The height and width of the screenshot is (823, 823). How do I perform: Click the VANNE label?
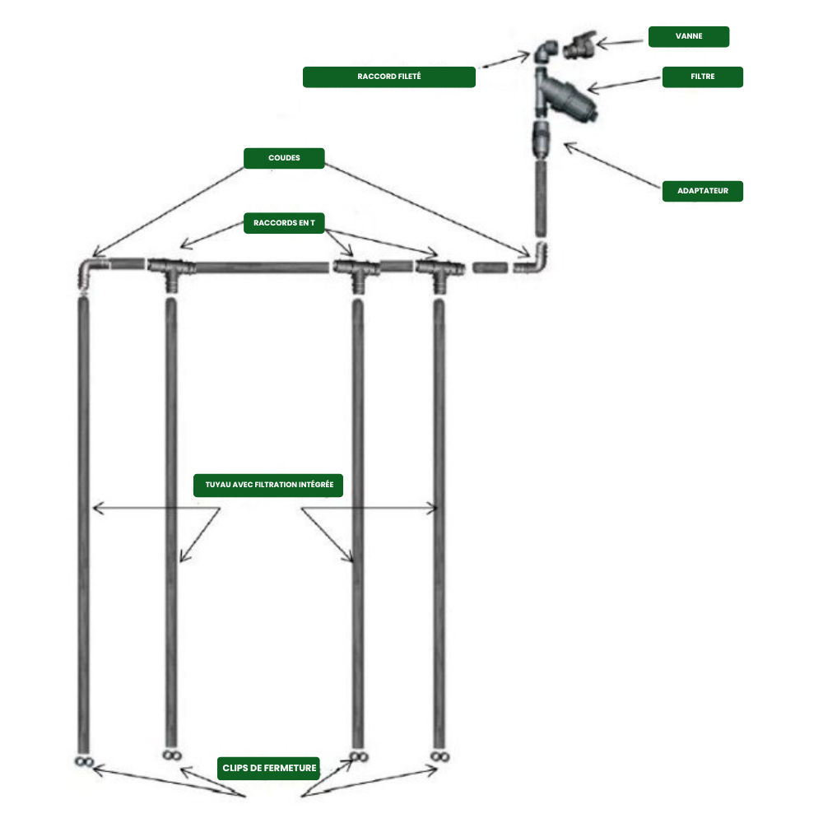coord(689,36)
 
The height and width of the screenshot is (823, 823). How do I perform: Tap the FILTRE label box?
coord(702,77)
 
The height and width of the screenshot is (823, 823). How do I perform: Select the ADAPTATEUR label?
coord(702,191)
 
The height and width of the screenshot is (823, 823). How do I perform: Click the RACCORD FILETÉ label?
coord(389,77)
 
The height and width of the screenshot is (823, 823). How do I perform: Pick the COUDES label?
coord(284,158)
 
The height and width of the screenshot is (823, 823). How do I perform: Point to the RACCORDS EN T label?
coord(284,223)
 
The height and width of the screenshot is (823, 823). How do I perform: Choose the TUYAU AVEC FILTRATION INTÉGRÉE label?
coord(268,485)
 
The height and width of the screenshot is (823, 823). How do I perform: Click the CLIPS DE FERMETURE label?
coord(269,768)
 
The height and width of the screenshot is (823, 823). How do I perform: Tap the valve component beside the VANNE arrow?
coord(579,45)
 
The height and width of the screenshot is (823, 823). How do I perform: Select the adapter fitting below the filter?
coord(540,139)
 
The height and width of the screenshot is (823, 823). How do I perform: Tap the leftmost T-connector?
coord(170,271)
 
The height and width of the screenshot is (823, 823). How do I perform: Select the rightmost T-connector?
coord(439,272)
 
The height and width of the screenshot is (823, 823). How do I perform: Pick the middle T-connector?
coord(357,272)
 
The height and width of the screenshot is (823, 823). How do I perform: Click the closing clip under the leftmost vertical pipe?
coord(84,761)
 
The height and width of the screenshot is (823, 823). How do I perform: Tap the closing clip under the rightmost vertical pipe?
coord(439,756)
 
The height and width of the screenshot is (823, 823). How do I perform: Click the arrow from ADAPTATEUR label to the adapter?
coord(612,165)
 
